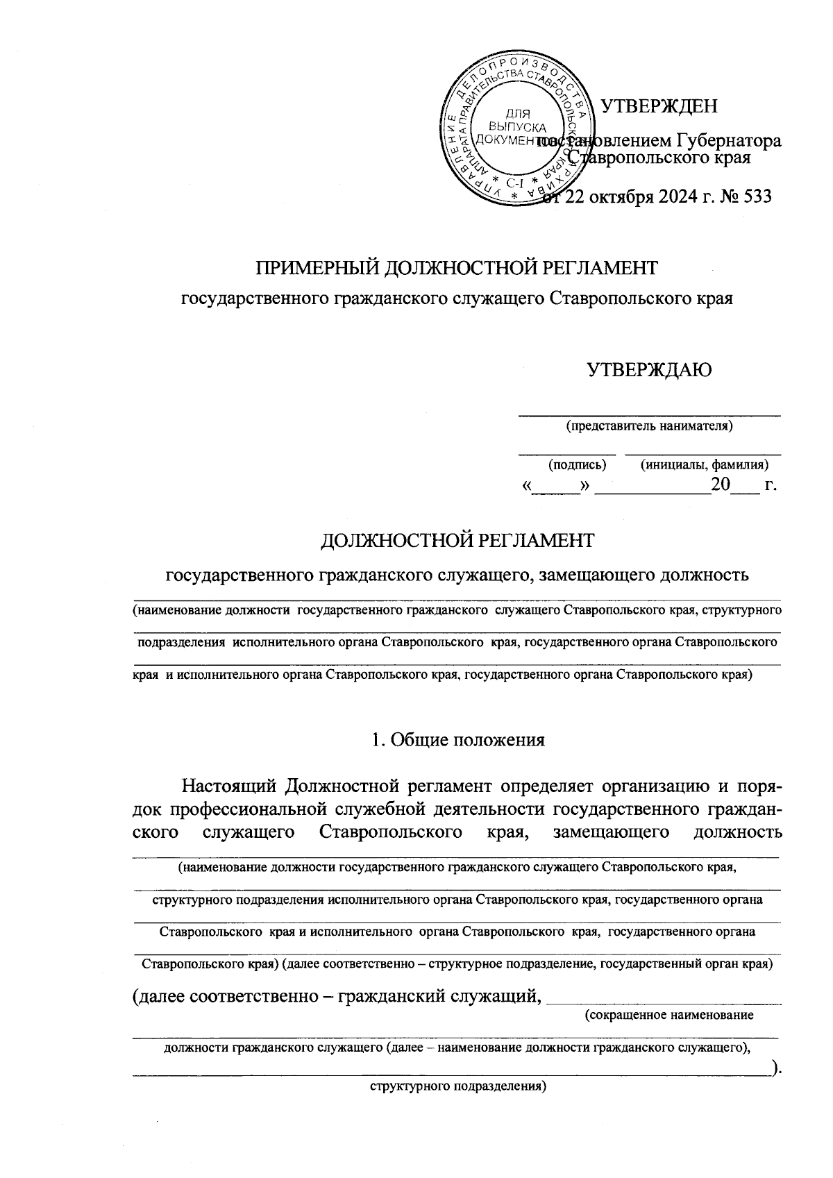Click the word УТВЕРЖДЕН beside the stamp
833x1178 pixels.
[658, 106]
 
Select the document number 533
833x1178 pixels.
[756, 196]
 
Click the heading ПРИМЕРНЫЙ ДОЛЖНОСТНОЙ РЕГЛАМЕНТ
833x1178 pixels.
[457, 267]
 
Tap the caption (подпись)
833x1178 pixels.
[577, 464]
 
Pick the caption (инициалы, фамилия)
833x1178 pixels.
[704, 464]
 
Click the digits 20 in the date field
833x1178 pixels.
[720, 485]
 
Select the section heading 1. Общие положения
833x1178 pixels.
[457, 740]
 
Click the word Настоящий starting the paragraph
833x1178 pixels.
[228, 786]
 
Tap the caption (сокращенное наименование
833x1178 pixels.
[669, 1015]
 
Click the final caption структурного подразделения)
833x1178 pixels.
[458, 1087]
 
